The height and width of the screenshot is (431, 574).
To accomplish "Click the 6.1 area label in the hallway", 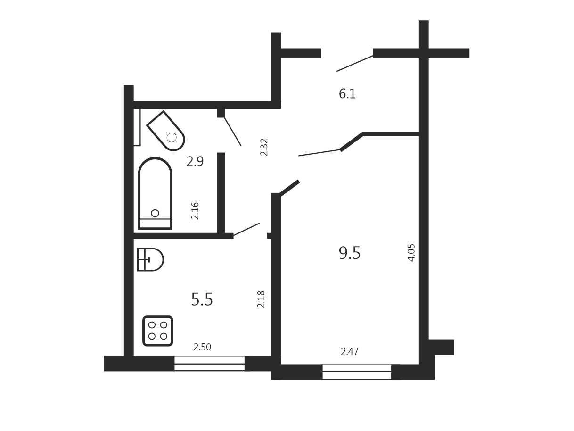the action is tap(347, 94).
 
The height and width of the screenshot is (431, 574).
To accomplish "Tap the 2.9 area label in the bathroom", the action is tap(195, 161).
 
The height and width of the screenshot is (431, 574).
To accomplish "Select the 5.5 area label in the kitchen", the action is tap(202, 299).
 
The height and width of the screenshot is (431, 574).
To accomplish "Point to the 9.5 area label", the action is tap(349, 253).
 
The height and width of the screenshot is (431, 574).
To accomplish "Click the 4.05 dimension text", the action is tap(411, 253).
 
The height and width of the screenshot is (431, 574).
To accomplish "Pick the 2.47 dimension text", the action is tap(349, 351).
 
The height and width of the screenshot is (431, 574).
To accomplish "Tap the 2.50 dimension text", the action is tap(202, 347).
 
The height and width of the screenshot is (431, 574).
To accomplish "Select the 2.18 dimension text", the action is tap(261, 299).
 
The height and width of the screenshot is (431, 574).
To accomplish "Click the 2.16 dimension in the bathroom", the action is tap(195, 211).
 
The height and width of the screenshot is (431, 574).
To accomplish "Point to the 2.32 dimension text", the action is tap(264, 147).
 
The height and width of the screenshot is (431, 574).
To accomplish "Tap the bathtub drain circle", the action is tap(155, 213).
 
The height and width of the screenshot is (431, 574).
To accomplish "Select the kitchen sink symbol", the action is tap(150, 260).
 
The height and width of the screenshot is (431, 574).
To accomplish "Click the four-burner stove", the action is tap(158, 331).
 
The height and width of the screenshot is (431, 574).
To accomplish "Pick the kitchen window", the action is tap(209, 363).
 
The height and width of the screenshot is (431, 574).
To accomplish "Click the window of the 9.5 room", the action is tap(357, 372).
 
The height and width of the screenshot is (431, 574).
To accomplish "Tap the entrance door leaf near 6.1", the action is tap(355, 63).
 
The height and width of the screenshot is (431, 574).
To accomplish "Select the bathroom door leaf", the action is tap(232, 132).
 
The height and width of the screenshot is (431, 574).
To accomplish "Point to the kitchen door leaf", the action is tap(246, 229).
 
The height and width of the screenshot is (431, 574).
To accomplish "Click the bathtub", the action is tap(155, 194).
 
